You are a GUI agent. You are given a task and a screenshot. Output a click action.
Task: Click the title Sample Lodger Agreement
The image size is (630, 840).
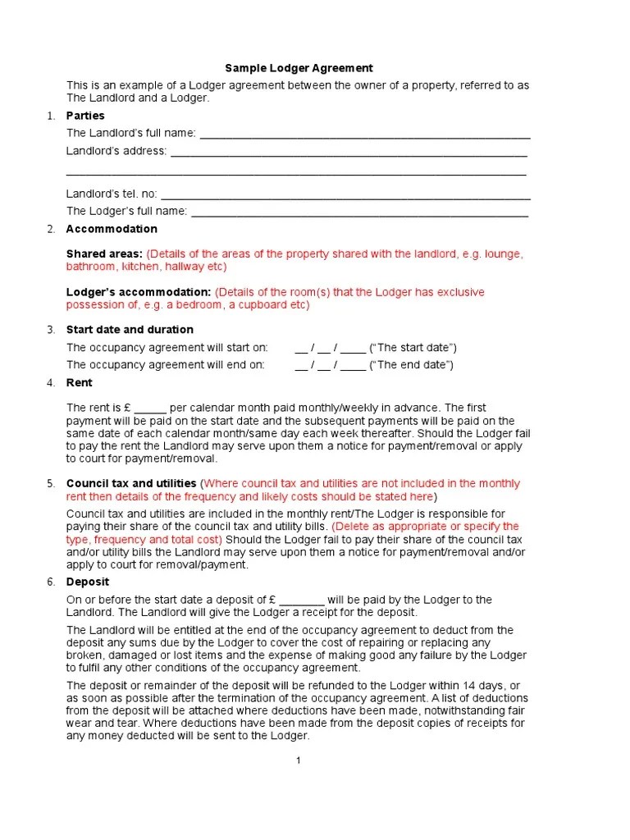[299, 68]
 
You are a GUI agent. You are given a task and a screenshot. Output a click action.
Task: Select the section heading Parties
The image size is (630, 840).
[85, 116]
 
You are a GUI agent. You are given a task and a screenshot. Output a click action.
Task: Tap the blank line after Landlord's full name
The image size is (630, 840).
[365, 135]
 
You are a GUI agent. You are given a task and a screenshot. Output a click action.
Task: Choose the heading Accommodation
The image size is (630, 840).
[112, 229]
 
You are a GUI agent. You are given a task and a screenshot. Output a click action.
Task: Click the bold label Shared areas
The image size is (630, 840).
[104, 254]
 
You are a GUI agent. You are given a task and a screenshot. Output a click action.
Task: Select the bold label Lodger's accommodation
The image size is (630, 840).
[139, 292]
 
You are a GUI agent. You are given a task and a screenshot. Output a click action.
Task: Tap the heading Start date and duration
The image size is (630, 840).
[130, 330]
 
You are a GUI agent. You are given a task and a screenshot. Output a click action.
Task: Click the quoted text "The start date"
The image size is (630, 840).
[413, 348]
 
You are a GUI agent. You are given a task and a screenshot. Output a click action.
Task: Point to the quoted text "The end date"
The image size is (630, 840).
[412, 365]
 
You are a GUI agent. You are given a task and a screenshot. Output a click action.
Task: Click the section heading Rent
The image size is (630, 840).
[79, 383]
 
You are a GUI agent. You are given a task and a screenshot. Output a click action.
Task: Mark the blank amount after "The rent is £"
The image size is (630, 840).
[150, 409]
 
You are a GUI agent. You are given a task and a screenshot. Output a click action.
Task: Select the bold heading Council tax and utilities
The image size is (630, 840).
[131, 483]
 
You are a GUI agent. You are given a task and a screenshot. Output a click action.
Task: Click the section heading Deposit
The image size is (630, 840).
[86, 582]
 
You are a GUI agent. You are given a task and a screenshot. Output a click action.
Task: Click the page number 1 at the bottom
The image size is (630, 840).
[299, 760]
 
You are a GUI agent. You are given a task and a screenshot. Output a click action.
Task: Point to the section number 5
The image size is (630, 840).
[51, 483]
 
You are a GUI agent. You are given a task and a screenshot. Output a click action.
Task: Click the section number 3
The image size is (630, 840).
[51, 330]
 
